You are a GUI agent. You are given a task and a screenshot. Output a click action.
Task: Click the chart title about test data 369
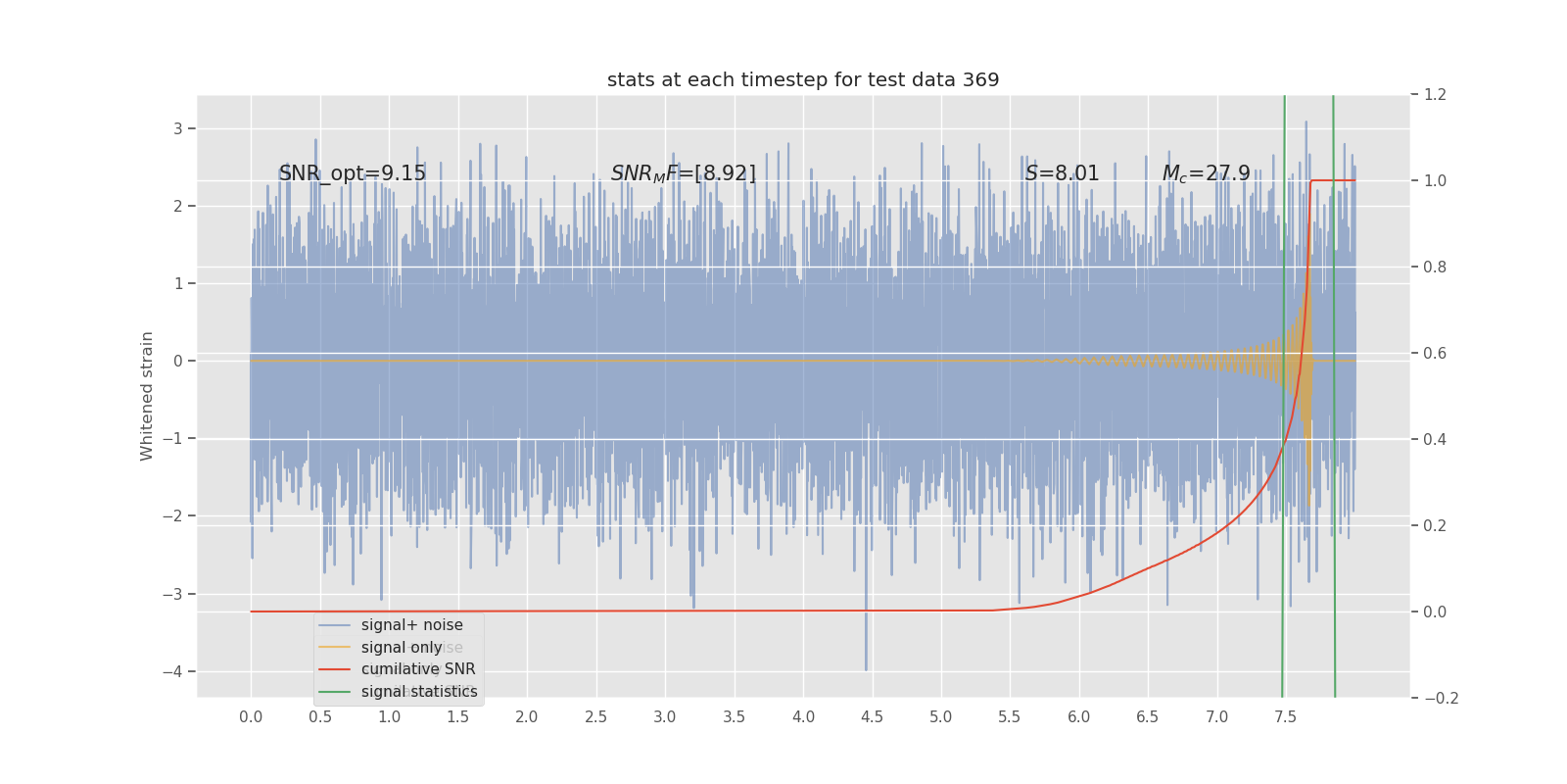pos(803,80)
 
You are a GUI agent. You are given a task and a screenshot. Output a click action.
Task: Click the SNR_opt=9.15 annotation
pos(353,174)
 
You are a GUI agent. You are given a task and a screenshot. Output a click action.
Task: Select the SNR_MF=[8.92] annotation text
pos(684,174)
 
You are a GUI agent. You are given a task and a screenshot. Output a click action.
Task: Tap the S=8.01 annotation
pos(1063,174)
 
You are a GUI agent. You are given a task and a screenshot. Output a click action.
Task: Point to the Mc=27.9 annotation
pos(1206,174)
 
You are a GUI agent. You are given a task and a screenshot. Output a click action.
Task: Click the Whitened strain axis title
pos(147,396)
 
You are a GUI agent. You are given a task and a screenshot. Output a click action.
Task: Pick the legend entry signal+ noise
pos(411,625)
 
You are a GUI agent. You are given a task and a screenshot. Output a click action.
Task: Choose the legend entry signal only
pos(402,648)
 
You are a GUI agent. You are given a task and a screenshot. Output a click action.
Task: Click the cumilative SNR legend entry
pos(418,669)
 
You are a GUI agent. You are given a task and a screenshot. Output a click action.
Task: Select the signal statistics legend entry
pos(419,692)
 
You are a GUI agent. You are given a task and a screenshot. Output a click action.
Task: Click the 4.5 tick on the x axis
pos(872,717)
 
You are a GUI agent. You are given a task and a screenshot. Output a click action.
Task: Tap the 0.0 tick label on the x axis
pos(251,717)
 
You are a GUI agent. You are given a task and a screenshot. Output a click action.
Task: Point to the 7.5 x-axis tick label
pos(1285,717)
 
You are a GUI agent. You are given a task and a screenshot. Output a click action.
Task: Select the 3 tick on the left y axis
pos(178,128)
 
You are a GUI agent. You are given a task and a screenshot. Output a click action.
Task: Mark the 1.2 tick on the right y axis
pos(1435,95)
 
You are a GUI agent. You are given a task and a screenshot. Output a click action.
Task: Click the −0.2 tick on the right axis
pos(1441,699)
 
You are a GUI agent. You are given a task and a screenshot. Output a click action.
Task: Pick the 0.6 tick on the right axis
pos(1435,354)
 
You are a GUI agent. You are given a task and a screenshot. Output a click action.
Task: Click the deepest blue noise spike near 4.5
pos(866,666)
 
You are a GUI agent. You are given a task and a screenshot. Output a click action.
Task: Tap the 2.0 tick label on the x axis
pos(527,717)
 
